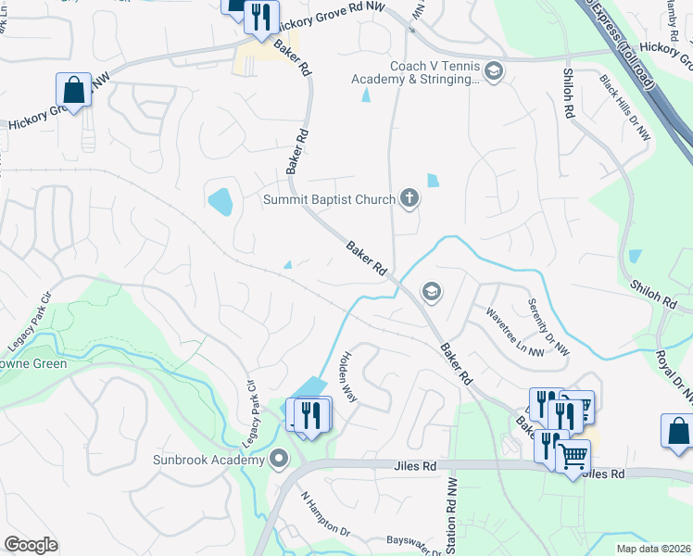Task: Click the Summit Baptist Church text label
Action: [x=329, y=198]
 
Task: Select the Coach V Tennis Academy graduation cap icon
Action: [x=494, y=71]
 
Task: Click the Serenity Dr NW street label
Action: [x=548, y=327]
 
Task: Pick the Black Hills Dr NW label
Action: [x=625, y=107]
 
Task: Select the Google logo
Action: [x=31, y=545]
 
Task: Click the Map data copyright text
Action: [x=652, y=549]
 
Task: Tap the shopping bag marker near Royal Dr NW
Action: [x=677, y=431]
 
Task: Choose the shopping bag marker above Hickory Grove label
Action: [x=73, y=91]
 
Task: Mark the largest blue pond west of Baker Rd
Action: [x=220, y=200]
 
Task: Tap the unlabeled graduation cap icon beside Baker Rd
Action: [x=430, y=292]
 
